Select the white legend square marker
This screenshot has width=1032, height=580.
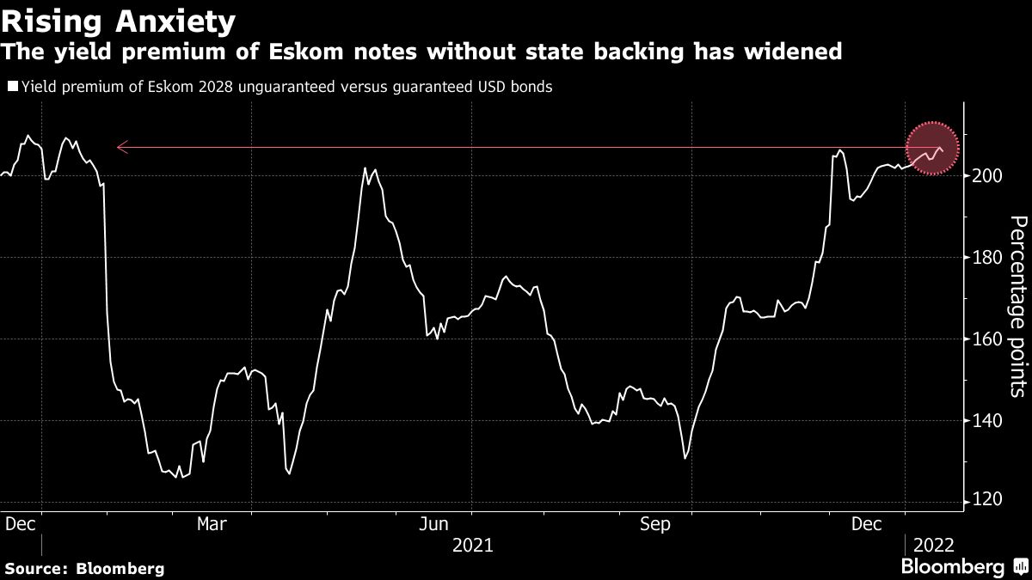11,87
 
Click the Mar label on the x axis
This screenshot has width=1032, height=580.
212,523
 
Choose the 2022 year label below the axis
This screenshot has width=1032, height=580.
933,544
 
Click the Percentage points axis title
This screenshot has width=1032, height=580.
1017,306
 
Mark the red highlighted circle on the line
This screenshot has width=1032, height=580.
933,149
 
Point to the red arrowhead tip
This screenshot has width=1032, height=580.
118,148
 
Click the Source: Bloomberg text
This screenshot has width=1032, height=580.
84,568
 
